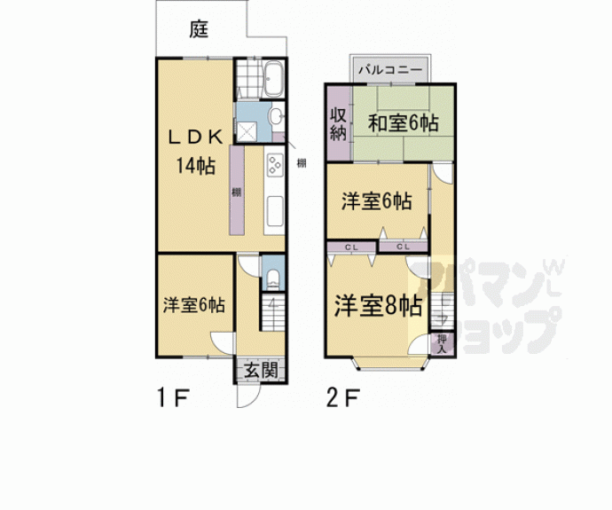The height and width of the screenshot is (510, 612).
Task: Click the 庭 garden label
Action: pyautogui.click(x=198, y=29)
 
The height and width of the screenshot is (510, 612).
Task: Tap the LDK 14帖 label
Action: pyautogui.click(x=196, y=150)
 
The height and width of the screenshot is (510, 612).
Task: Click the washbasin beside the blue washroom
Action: pyautogui.click(x=275, y=115)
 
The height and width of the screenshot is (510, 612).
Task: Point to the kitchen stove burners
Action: pyautogui.click(x=273, y=165)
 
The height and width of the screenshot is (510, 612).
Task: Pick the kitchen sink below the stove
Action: pyautogui.click(x=273, y=210)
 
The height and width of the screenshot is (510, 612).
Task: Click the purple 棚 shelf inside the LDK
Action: pyautogui.click(x=237, y=191)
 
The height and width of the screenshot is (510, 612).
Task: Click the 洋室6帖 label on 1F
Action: pyautogui.click(x=192, y=305)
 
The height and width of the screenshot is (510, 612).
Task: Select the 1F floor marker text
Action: pyautogui.click(x=173, y=396)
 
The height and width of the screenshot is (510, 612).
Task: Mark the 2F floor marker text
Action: pyautogui.click(x=343, y=396)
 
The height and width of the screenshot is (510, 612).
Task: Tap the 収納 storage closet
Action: pyautogui.click(x=338, y=124)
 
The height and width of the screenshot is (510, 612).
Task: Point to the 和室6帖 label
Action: pyautogui.click(x=404, y=123)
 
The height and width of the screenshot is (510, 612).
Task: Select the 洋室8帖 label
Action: pyautogui.click(x=377, y=306)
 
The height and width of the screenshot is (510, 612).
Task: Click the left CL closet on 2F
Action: pyautogui.click(x=350, y=246)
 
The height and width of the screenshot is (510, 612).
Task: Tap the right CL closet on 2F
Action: pyautogui.click(x=404, y=246)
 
